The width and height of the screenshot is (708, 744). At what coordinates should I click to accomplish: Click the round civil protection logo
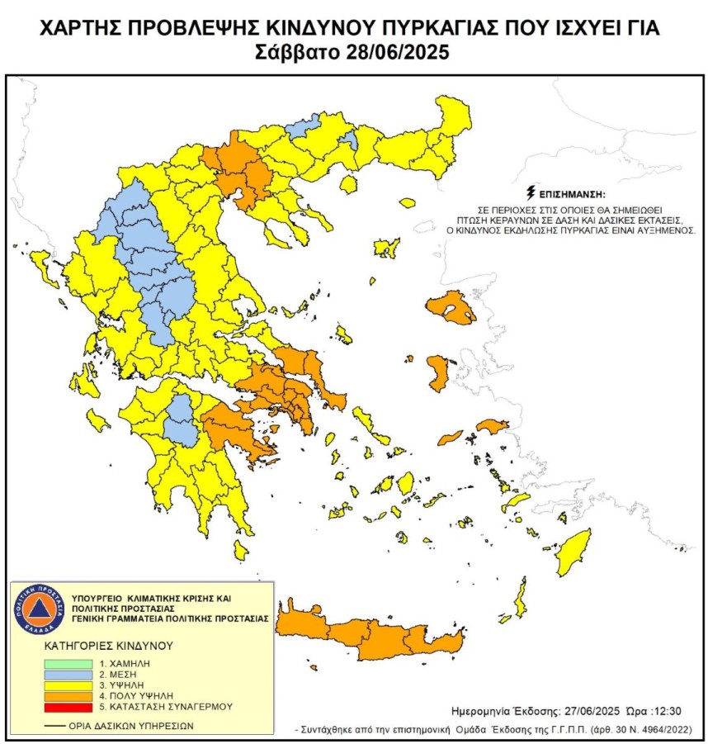tap(39, 610)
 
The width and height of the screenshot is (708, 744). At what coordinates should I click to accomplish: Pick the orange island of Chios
tap(437, 372)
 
